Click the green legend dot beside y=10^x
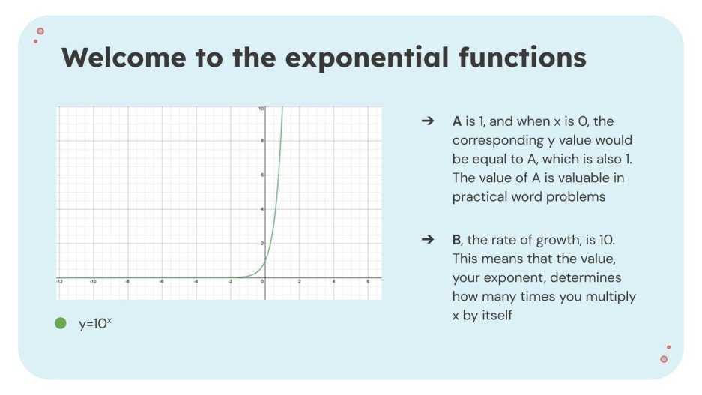coord(61,323)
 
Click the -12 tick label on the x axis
coord(59,281)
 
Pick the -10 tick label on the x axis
coord(92,281)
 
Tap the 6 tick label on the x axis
coord(368,281)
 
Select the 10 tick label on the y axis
coord(260,109)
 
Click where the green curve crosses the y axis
coord(265,261)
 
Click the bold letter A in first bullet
coord(457,121)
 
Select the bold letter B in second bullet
coord(456,239)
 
